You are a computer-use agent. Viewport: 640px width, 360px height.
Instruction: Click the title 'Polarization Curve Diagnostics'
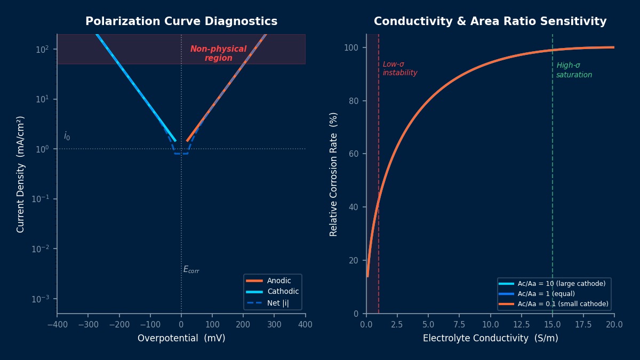click(181, 22)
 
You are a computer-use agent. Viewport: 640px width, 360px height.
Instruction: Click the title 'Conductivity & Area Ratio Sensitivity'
click(490, 22)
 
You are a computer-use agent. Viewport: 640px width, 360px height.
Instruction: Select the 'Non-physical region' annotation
click(218, 53)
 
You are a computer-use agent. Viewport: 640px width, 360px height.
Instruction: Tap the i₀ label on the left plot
click(67, 137)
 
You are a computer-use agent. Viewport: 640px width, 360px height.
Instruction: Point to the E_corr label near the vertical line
click(191, 270)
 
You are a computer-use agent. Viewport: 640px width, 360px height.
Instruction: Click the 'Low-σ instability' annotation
click(399, 69)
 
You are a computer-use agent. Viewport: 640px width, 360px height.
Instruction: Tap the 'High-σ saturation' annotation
click(574, 70)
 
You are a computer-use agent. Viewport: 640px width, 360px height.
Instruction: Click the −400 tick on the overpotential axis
click(57, 324)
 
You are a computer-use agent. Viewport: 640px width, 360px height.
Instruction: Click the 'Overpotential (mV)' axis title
click(181, 339)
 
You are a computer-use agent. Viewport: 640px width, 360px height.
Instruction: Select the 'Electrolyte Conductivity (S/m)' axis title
click(490, 339)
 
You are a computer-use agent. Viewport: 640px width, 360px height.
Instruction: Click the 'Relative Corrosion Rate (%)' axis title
click(334, 174)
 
